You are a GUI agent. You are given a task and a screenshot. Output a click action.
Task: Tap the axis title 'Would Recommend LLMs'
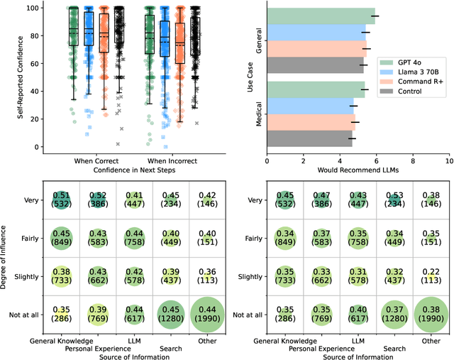358,171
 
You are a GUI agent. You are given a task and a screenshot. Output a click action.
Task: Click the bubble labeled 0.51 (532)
62,200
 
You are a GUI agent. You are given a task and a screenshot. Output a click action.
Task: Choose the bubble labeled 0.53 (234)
392,200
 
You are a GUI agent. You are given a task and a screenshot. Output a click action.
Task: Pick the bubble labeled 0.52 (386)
99,200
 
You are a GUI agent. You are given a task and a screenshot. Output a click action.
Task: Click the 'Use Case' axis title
250,77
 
